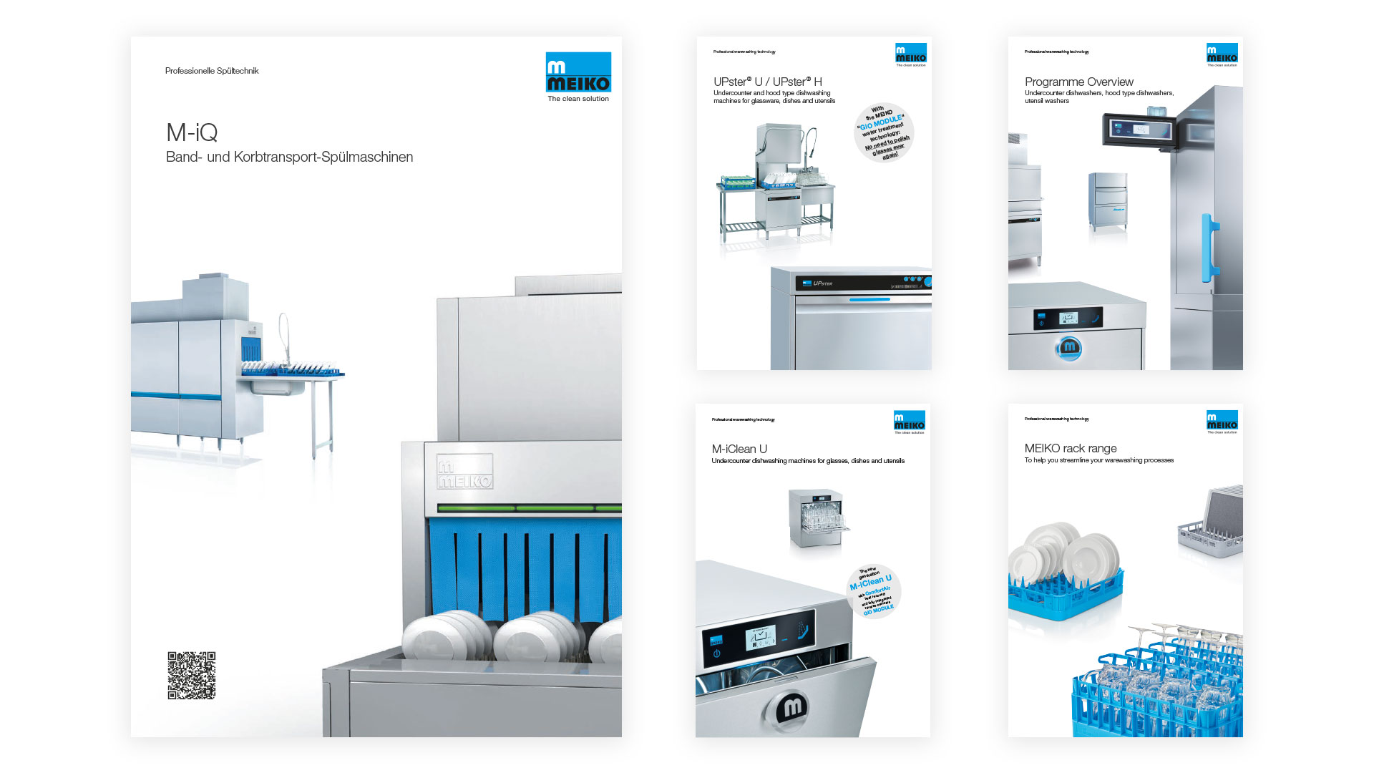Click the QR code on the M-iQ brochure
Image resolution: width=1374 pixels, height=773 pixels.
[x=192, y=675]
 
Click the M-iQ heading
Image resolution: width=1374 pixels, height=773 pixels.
[x=192, y=132]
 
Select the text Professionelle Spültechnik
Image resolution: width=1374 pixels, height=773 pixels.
[x=212, y=71]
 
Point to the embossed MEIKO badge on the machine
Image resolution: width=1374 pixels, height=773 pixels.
[x=465, y=472]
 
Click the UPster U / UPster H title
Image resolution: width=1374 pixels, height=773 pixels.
[x=768, y=82]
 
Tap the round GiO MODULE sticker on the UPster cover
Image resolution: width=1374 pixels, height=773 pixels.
[x=885, y=132]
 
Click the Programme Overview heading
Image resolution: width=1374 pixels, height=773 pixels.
[x=1079, y=82]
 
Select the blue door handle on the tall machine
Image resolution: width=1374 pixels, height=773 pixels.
[x=1209, y=247]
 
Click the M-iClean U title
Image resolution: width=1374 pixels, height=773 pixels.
[x=739, y=449]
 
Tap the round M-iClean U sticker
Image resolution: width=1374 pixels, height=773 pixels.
[x=873, y=591]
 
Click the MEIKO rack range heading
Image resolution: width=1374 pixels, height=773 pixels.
[x=1071, y=448]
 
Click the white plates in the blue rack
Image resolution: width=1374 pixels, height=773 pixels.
[x=1066, y=555]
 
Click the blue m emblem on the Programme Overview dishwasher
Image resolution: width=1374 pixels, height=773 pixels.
[x=1069, y=348]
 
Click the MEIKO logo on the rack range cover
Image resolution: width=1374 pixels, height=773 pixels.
[x=1222, y=422]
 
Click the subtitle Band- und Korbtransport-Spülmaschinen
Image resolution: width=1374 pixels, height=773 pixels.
[x=289, y=157]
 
